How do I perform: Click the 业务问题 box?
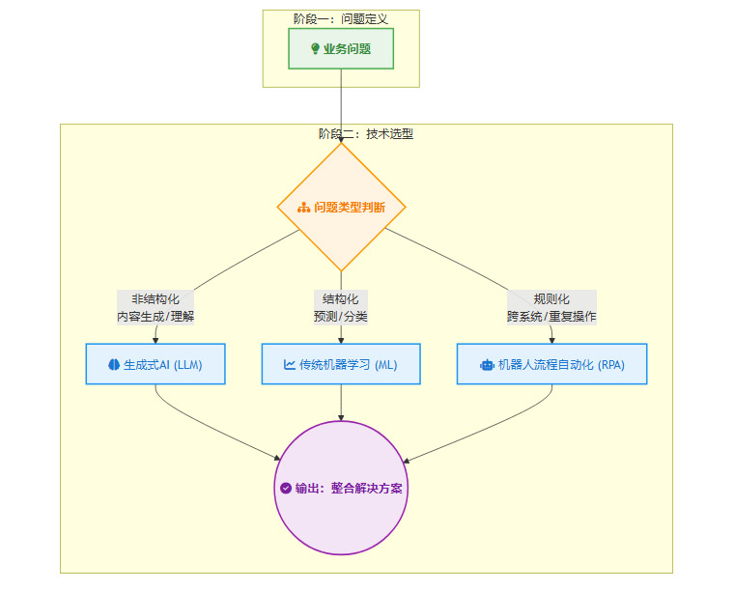coord(341,48)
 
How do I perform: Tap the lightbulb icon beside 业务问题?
coord(315,49)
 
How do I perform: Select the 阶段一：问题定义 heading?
coord(341,18)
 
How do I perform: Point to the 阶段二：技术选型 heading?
coord(366,134)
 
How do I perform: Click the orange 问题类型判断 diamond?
coord(341,207)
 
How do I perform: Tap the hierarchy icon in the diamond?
coord(303,208)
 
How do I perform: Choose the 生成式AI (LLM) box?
coord(155,364)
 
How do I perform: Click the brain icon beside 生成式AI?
coord(114,365)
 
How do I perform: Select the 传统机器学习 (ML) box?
coord(341,364)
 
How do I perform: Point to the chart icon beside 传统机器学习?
coord(290,365)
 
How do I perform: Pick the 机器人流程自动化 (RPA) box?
coord(551,364)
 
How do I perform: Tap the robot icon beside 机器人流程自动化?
coord(486,365)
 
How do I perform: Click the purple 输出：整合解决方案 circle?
coord(341,488)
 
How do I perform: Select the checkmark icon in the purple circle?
coord(286,489)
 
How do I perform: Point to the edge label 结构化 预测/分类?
coord(341,307)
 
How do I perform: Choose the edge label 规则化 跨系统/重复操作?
coord(551,307)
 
